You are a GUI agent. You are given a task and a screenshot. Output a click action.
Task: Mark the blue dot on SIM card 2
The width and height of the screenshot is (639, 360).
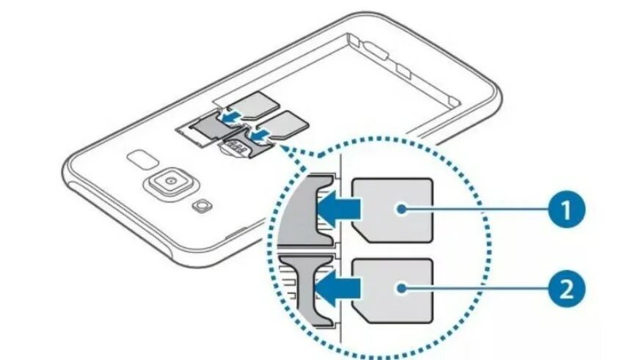[x=403, y=289]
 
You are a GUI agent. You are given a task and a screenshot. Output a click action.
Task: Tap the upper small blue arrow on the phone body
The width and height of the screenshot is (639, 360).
[x=230, y=116]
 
